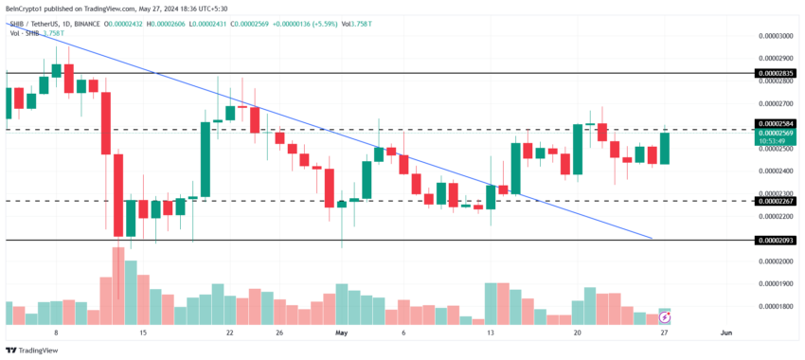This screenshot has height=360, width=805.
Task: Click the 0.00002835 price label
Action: (x=776, y=73)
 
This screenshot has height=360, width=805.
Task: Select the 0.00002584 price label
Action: (x=776, y=123)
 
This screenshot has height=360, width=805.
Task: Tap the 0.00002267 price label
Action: (x=776, y=201)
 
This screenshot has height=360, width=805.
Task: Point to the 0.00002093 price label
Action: (x=776, y=241)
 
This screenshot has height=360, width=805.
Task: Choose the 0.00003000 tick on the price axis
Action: (x=776, y=36)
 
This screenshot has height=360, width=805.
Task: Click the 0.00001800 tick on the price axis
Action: (x=776, y=307)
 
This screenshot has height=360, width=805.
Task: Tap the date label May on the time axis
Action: (x=342, y=333)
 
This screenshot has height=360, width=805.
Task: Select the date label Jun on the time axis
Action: (x=725, y=333)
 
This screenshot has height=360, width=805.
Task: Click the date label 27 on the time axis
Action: (x=665, y=333)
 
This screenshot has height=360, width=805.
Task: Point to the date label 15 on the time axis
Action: (x=143, y=333)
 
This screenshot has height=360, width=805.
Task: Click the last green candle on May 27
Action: (x=665, y=149)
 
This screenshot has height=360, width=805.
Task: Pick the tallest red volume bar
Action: (x=118, y=285)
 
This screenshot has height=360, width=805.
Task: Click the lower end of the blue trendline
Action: (x=652, y=238)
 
